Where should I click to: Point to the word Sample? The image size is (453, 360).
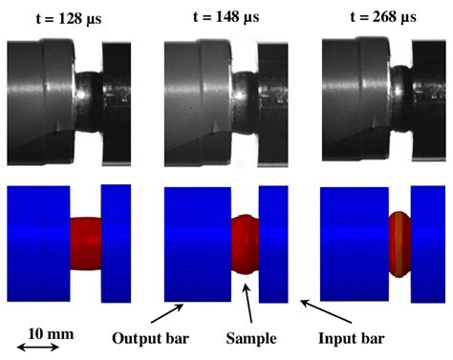click(251, 337)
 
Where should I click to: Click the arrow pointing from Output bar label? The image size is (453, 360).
click(165, 313)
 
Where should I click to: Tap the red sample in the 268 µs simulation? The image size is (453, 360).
click(399, 238)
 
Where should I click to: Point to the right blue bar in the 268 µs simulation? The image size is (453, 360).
click(425, 243)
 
